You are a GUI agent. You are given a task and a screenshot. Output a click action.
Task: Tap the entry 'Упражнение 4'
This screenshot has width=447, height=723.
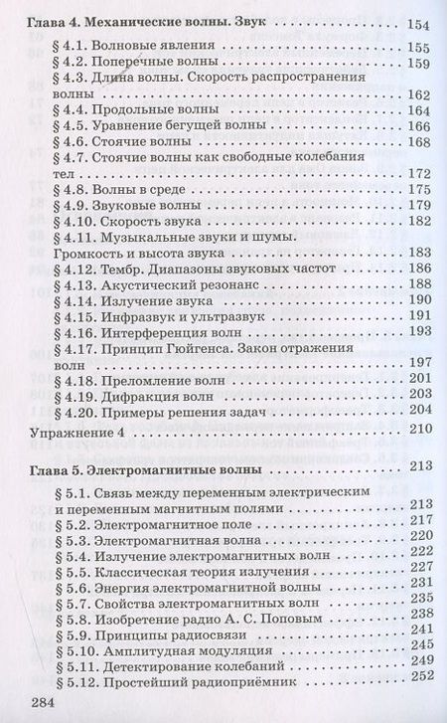tap(76, 434)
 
